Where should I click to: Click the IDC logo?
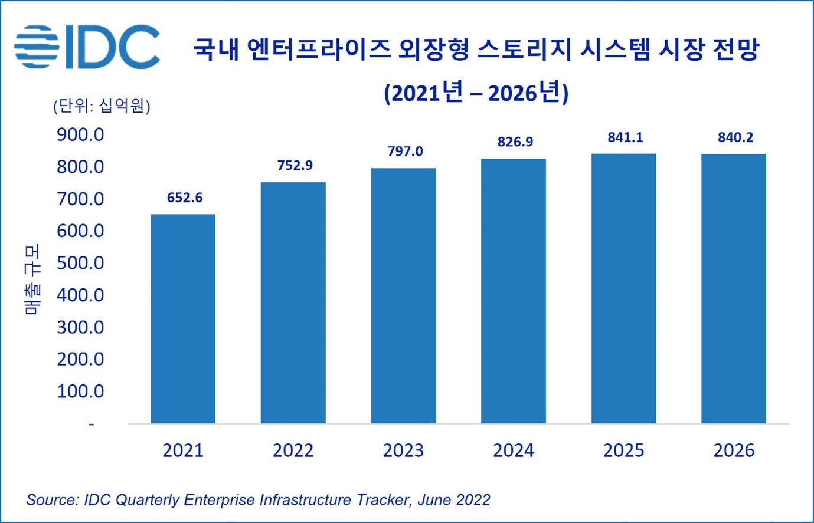(x=87, y=47)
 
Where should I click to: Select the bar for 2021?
(x=183, y=318)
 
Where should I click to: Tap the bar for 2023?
(x=403, y=295)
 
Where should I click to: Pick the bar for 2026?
(x=733, y=288)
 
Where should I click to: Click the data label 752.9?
(x=295, y=166)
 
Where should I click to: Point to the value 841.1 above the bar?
(x=625, y=137)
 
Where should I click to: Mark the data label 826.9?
(x=515, y=142)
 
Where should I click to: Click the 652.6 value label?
(x=185, y=198)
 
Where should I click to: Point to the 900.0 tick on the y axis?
(x=80, y=135)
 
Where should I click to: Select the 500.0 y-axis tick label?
(x=80, y=263)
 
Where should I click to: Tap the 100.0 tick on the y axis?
(x=80, y=391)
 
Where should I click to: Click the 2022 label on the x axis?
(x=293, y=450)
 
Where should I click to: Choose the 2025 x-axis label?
(x=623, y=450)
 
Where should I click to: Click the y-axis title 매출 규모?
(x=33, y=279)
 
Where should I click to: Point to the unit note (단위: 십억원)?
(x=102, y=106)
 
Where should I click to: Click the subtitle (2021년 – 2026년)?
(x=476, y=93)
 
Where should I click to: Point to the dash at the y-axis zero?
(x=91, y=424)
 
